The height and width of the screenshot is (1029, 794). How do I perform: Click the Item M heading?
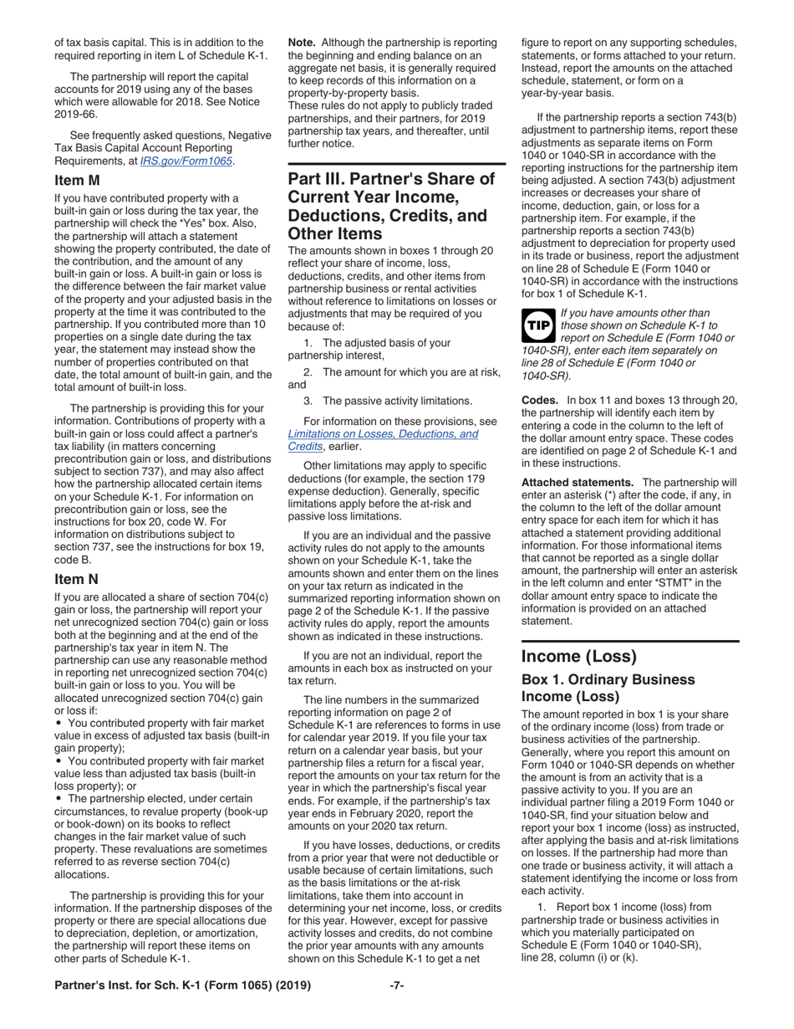(x=77, y=180)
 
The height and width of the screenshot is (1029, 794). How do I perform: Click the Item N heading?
(x=76, y=579)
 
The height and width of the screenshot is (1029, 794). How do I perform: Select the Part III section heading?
(x=391, y=206)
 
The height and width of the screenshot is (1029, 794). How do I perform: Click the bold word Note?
(x=302, y=42)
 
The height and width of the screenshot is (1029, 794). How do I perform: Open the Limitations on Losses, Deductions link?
(x=383, y=434)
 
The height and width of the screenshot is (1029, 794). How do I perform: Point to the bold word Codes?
(x=541, y=400)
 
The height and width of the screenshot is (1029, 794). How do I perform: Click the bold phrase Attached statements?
(x=577, y=483)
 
